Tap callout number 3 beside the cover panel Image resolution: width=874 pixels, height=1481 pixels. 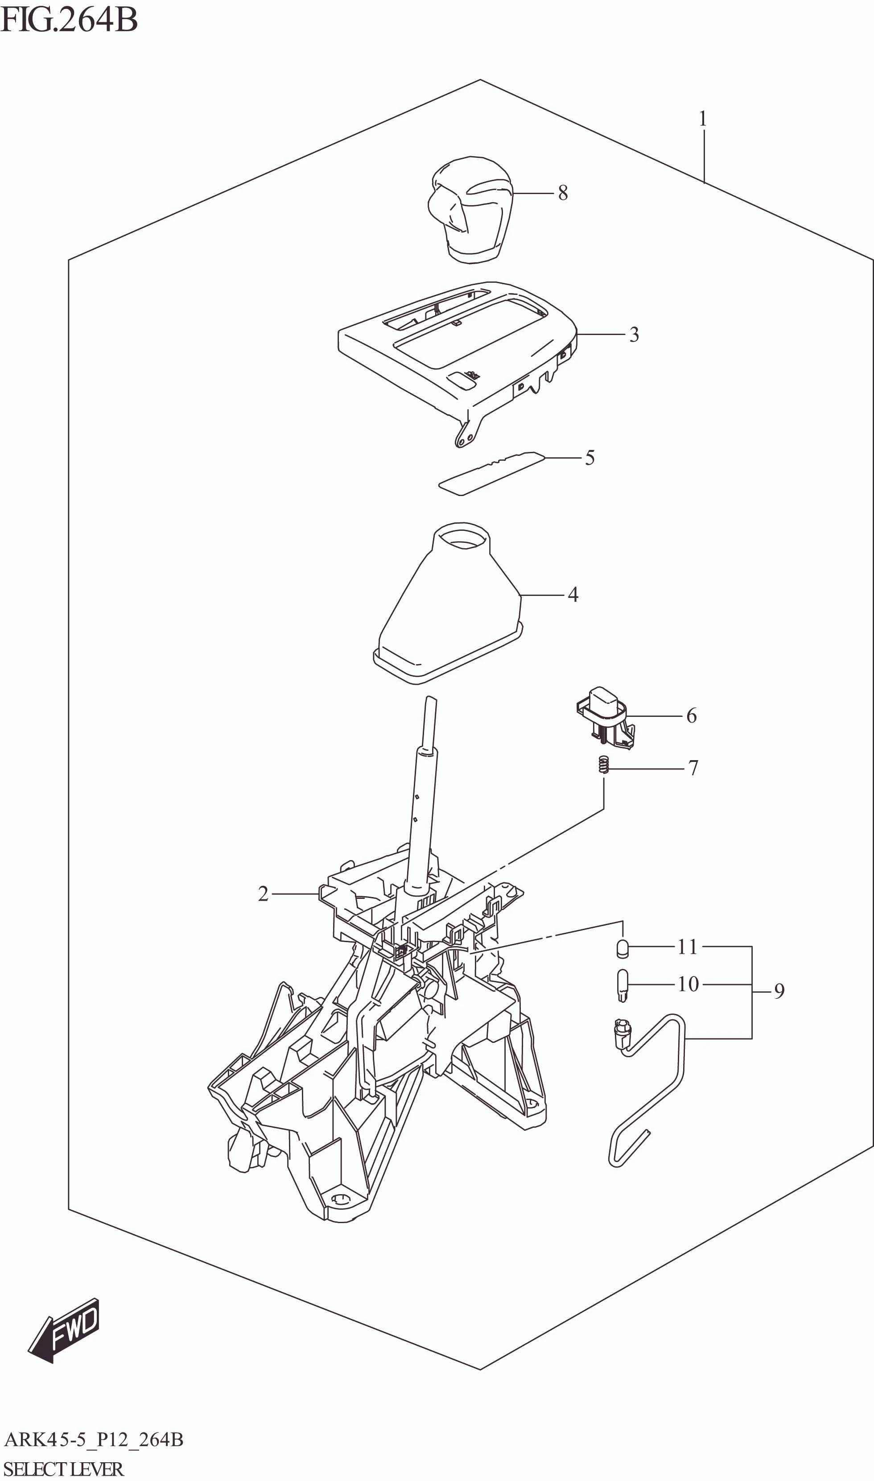tap(634, 335)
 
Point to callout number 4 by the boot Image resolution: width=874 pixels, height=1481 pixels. tap(573, 595)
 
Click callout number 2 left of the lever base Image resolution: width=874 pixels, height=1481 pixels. tap(263, 894)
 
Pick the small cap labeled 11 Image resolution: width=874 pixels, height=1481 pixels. tap(623, 948)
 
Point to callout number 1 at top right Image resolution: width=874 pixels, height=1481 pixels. tap(703, 120)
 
